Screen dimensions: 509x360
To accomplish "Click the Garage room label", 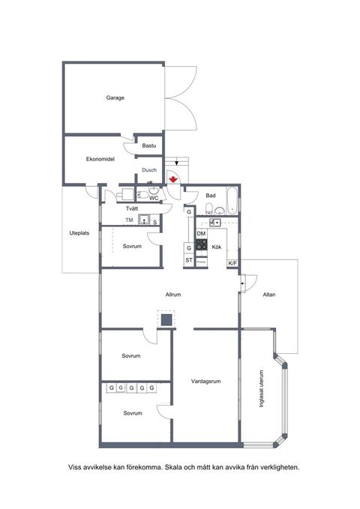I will [x=115, y=98].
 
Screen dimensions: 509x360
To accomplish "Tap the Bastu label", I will [x=148, y=145].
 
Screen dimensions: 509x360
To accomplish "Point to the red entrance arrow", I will [x=173, y=178].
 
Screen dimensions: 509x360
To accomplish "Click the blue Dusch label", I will [x=148, y=170].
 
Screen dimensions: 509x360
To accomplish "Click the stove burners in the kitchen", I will [x=201, y=244].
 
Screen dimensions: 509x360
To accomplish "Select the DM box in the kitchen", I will [x=201, y=234].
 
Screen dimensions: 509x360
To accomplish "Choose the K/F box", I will [x=232, y=262].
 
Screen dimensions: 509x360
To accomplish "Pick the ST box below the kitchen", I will [x=189, y=260].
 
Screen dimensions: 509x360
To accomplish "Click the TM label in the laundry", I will [x=129, y=220].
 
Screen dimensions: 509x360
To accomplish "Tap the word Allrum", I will [x=174, y=295].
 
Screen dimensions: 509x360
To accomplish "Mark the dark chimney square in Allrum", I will [x=165, y=320].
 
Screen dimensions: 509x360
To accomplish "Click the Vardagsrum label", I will [x=205, y=381].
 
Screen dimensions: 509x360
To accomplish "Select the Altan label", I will [x=268, y=295].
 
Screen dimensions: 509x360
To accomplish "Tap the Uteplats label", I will [x=79, y=233].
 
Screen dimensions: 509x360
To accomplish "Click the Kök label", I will [x=216, y=247].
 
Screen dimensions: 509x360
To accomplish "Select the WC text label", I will [x=153, y=198].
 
